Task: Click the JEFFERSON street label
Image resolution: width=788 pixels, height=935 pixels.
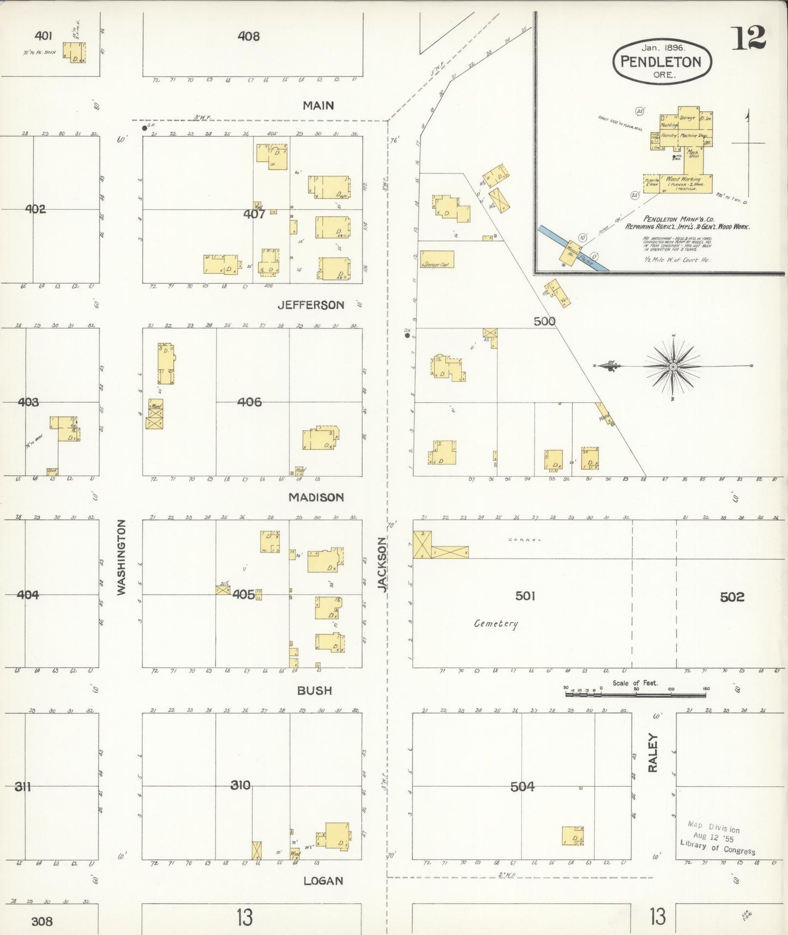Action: [x=311, y=305]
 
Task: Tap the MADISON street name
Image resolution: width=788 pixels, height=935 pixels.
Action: [x=316, y=497]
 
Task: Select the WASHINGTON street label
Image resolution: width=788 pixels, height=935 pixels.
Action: [x=121, y=557]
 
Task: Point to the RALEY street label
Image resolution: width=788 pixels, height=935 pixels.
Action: [x=653, y=752]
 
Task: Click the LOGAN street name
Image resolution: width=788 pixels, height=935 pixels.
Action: [x=323, y=880]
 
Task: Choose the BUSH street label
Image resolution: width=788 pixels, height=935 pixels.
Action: [x=315, y=690]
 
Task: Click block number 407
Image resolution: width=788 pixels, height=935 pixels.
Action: [x=254, y=214]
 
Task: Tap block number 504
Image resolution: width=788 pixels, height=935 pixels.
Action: [x=522, y=786]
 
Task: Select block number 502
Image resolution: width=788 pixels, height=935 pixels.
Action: [x=732, y=597]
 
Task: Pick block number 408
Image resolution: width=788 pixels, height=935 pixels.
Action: [x=249, y=36]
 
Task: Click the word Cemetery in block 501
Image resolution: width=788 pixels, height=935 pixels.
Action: [x=496, y=623]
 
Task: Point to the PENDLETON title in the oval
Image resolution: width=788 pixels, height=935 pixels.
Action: [x=661, y=62]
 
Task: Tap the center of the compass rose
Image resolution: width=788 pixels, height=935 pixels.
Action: [x=673, y=367]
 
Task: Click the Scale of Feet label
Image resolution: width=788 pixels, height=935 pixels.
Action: [x=635, y=682]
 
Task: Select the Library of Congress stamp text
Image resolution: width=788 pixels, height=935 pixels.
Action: [x=718, y=847]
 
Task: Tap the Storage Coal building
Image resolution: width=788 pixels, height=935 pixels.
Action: [x=437, y=259]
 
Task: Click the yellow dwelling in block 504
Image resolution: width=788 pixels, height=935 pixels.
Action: [x=573, y=836]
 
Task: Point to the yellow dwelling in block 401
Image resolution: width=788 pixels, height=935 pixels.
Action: [x=74, y=52]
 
